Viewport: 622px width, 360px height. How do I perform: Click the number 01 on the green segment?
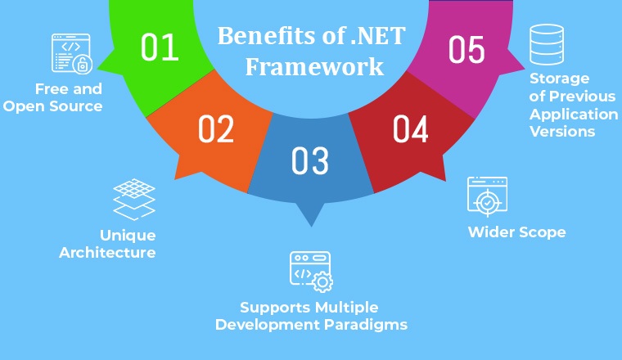(160, 47)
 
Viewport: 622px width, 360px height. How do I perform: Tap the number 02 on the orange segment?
(216, 128)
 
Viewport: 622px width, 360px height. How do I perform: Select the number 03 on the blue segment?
(310, 160)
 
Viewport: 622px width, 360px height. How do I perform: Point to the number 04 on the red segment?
(410, 128)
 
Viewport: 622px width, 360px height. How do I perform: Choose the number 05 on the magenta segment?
(466, 49)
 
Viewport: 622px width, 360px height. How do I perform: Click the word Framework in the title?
(314, 66)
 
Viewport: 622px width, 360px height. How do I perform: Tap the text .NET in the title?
(378, 36)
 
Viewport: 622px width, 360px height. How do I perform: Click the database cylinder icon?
(547, 44)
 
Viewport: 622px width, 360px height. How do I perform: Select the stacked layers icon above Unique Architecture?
(134, 199)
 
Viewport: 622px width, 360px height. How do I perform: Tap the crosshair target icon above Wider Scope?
(488, 197)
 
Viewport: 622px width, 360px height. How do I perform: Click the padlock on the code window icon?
(83, 65)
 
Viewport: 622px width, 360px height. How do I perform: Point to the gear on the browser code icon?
(322, 282)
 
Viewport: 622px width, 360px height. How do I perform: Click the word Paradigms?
(366, 325)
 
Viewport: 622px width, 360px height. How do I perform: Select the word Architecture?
(107, 253)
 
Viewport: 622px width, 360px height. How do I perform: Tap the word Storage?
(559, 79)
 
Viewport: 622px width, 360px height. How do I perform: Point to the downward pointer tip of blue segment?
(311, 226)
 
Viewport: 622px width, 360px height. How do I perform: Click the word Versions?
(562, 131)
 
